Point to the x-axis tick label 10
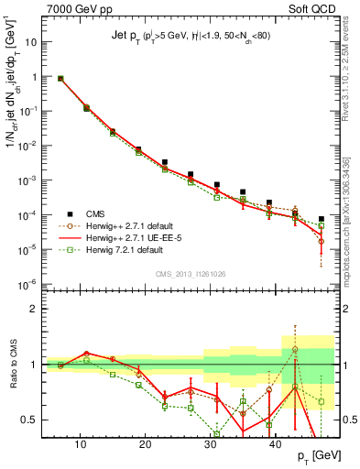pos(81,445)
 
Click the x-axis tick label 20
pos(146,445)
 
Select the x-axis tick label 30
pos(211,445)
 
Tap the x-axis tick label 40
pos(275,445)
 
